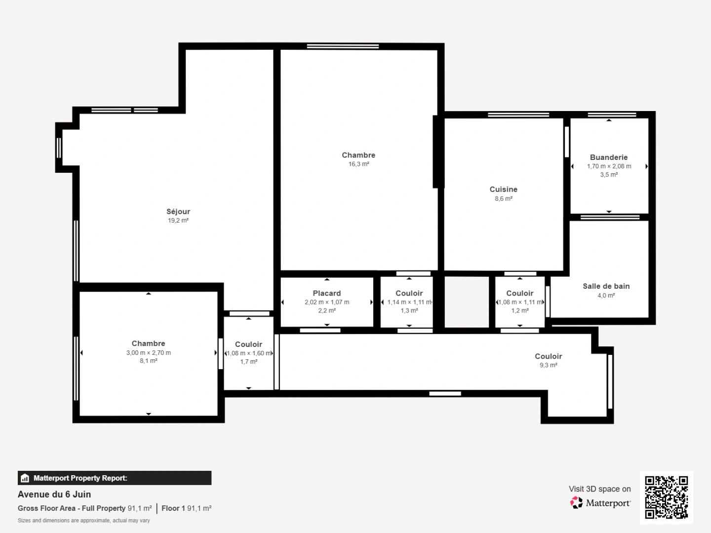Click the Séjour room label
(x=178, y=212)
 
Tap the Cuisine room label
(x=503, y=190)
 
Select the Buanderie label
(x=609, y=157)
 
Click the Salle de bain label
(x=606, y=286)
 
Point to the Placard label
(x=326, y=293)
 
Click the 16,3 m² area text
(x=358, y=164)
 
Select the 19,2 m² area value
(x=178, y=221)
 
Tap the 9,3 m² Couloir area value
(x=548, y=365)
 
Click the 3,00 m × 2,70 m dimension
(x=148, y=353)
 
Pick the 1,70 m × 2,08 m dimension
(x=609, y=166)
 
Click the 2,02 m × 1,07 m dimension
(x=326, y=302)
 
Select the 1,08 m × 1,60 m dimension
(x=249, y=353)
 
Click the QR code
(x=667, y=497)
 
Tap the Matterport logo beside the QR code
(x=600, y=503)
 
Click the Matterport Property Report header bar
(x=115, y=478)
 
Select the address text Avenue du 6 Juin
(x=54, y=495)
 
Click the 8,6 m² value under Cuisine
(x=503, y=199)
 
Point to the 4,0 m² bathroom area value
(x=606, y=296)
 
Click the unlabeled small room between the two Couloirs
(x=467, y=302)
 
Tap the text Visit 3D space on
(x=599, y=489)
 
